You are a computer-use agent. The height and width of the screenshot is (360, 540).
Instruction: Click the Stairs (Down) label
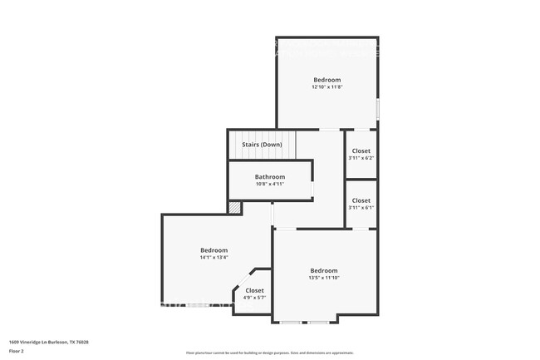click(262, 145)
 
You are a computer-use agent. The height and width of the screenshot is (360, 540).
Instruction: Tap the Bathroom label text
click(270, 176)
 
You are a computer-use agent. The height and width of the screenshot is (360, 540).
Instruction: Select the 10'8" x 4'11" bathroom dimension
click(270, 184)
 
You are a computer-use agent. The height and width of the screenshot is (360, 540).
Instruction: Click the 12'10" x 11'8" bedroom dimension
click(326, 86)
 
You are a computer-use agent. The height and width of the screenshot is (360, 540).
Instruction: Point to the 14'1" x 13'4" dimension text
click(214, 258)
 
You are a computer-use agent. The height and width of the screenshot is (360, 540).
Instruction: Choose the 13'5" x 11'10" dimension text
click(324, 278)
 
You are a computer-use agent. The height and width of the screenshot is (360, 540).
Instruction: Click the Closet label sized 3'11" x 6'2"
click(361, 150)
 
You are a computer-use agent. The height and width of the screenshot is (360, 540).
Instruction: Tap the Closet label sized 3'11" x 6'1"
click(361, 200)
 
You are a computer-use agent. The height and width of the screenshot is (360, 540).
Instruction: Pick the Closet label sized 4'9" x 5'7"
click(254, 290)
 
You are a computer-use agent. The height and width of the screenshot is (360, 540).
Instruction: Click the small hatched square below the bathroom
click(235, 207)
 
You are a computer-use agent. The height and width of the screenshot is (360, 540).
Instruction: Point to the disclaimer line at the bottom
click(269, 353)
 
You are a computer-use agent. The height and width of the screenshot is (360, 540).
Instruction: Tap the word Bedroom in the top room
click(326, 80)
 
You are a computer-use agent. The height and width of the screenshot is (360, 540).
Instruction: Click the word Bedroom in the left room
click(214, 250)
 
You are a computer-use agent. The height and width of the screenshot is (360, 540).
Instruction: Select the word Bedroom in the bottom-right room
click(324, 270)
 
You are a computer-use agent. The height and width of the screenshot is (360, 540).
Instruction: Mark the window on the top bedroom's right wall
click(378, 109)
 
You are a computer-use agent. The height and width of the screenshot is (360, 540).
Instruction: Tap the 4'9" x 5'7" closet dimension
click(254, 298)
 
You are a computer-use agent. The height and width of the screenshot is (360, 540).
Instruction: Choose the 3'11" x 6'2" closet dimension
click(361, 158)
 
